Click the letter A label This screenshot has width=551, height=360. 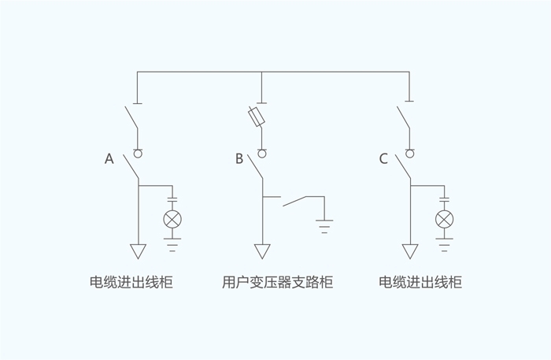(109, 159)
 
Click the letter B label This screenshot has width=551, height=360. (239, 159)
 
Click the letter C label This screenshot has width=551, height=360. (383, 159)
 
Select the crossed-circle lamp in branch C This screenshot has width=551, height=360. (445, 219)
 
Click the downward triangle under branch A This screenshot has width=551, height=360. (138, 251)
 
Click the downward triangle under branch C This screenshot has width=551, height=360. (410, 251)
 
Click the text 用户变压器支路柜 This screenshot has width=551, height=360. (278, 282)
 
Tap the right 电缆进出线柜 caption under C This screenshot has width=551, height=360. (420, 282)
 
